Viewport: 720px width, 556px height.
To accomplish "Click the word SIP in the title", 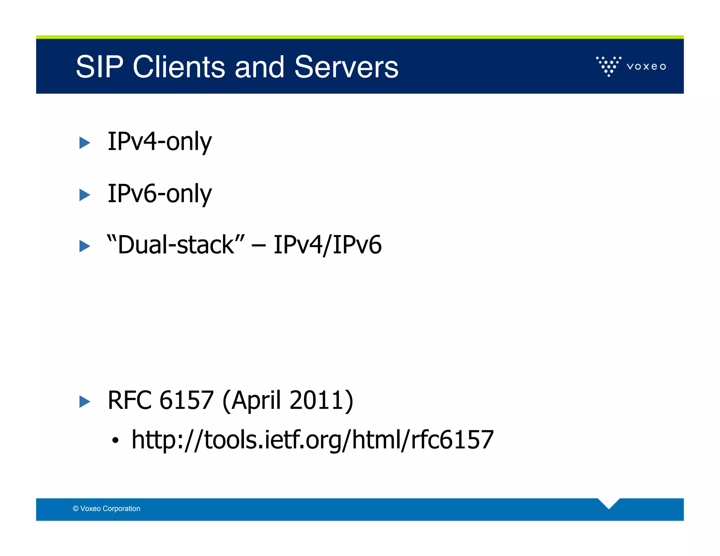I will [99, 67].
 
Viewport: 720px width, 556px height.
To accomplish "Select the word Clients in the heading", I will [179, 67].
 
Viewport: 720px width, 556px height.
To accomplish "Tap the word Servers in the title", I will [346, 67].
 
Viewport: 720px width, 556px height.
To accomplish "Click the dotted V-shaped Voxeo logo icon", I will [609, 66].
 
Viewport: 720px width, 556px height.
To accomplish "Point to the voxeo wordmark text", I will [646, 66].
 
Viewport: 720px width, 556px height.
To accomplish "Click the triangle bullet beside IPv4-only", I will [84, 143].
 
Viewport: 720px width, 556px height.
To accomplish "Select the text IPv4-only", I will [160, 141].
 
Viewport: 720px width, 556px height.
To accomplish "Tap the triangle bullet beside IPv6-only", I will [84, 195].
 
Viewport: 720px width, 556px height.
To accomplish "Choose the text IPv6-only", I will [160, 193].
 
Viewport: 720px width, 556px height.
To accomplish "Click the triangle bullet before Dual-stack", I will [84, 246].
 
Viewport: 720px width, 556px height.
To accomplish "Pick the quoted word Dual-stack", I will [176, 245].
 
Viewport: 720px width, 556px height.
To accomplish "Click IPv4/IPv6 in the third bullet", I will [327, 245].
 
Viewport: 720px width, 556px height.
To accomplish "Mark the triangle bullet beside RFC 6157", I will [84, 401].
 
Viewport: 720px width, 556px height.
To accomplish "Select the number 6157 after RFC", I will [186, 400].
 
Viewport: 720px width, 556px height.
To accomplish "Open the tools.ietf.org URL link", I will [313, 440].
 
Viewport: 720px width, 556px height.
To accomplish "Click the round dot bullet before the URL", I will [115, 440].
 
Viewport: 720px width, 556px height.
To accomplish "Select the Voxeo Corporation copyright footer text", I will [107, 509].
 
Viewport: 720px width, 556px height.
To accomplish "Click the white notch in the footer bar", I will [609, 503].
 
